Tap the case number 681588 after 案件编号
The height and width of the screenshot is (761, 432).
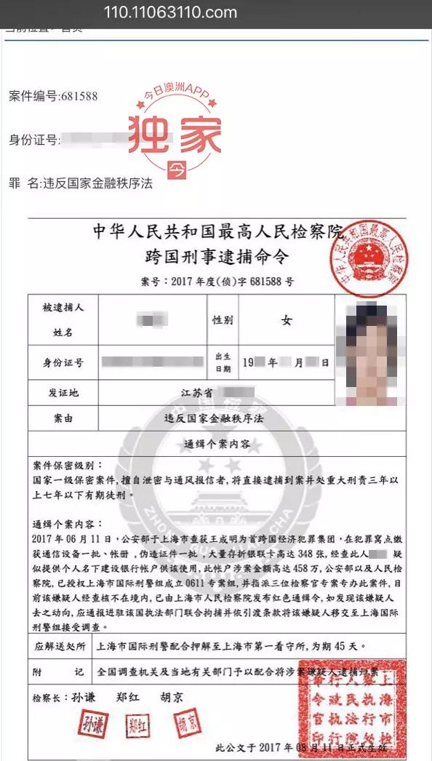[x=79, y=97]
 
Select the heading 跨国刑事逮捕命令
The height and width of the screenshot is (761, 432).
[x=216, y=257]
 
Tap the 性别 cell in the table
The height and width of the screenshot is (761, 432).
[x=222, y=320]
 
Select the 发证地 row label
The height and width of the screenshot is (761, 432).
[x=63, y=393]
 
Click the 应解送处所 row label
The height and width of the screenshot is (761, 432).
[x=60, y=645]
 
